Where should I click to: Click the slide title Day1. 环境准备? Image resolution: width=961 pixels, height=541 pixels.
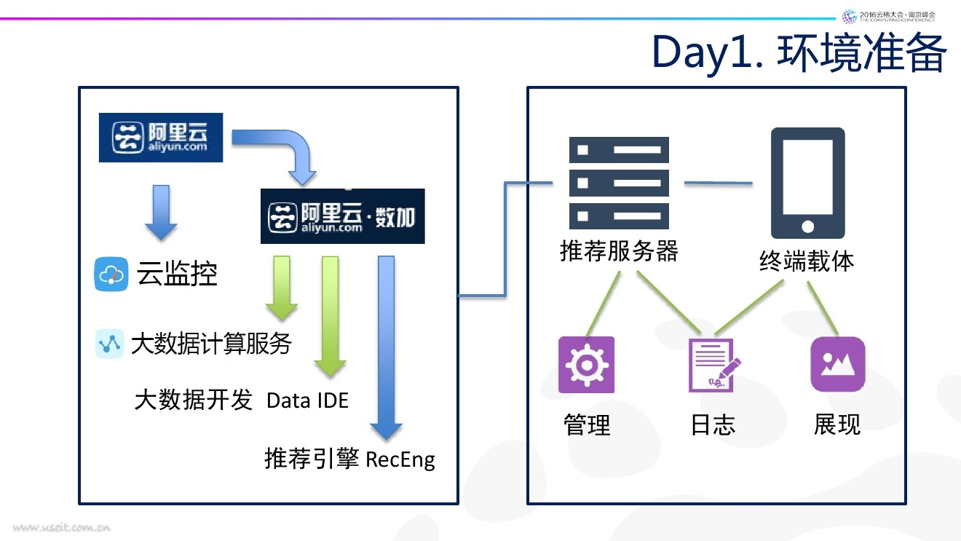[799, 52]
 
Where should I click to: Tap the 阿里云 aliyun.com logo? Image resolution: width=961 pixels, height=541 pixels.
[161, 136]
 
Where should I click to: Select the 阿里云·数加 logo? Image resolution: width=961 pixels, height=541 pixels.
[342, 216]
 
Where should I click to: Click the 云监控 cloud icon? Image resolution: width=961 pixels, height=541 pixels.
[111, 275]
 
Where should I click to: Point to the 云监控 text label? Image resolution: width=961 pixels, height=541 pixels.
[177, 275]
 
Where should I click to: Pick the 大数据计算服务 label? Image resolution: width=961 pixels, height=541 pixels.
[211, 343]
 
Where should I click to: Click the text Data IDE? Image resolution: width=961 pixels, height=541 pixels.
[307, 400]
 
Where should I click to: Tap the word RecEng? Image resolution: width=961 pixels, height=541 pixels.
[400, 459]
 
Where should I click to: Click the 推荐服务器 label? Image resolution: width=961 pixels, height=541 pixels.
[619, 251]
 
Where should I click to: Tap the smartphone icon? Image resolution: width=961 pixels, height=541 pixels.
[807, 183]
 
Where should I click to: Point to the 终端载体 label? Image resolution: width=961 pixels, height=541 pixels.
[807, 261]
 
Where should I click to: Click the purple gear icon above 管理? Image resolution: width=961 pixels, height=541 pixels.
[586, 365]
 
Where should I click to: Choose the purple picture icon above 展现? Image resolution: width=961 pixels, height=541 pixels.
[837, 364]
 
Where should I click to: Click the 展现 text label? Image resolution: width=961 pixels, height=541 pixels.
[837, 424]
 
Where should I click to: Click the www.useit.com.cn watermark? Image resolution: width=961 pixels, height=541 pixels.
[61, 527]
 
